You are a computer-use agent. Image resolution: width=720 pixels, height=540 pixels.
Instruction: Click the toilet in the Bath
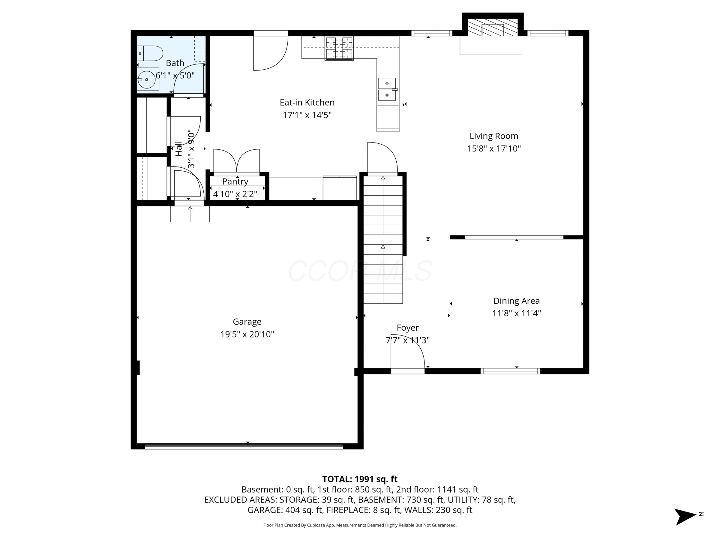150,53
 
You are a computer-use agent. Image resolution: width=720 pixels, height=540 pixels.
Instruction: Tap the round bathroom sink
146,79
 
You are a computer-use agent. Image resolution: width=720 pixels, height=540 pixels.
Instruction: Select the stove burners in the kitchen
339,49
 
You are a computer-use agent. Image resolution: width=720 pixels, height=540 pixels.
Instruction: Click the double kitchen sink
387,89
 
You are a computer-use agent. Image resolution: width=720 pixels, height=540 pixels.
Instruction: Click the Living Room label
493,136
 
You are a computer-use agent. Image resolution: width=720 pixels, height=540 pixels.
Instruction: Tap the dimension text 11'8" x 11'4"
516,313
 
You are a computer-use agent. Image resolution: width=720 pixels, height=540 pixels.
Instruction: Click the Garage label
247,322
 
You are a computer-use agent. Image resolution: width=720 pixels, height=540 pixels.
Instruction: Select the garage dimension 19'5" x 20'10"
247,334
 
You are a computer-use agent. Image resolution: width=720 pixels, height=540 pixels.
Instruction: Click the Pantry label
235,181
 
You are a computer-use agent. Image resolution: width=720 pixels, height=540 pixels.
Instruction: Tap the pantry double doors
237,161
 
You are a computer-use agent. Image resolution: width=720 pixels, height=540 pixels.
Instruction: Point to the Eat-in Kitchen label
307,103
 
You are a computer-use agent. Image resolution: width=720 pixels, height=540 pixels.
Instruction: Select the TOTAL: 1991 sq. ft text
360,479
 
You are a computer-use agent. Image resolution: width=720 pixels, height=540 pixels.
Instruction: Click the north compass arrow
685,517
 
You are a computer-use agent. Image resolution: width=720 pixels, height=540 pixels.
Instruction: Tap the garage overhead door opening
244,446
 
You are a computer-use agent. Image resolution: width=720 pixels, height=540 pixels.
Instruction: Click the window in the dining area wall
510,371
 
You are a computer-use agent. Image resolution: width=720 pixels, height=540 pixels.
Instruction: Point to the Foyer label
407,328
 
